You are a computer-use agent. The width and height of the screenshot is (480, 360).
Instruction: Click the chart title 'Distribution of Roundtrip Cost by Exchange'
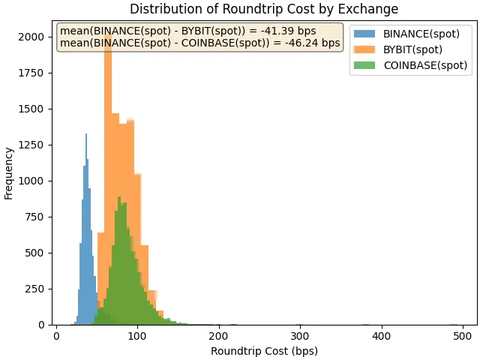pos(264,9)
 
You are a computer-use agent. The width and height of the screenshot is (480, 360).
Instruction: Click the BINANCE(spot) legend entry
pos(421,34)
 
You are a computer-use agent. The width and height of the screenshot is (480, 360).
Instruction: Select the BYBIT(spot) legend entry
pos(412,49)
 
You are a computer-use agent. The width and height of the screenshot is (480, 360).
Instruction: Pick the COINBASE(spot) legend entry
pos(425,65)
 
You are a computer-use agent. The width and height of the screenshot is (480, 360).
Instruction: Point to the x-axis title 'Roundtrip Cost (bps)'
pos(264,351)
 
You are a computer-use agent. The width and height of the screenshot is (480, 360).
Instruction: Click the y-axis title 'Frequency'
pos(9,173)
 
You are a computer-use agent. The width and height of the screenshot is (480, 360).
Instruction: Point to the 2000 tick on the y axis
pos(36,37)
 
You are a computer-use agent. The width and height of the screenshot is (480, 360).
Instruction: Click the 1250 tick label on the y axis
pos(36,145)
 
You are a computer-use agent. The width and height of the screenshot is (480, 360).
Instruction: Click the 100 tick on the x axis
pos(137,335)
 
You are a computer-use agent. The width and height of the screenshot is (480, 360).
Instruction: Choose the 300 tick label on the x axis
pos(300,335)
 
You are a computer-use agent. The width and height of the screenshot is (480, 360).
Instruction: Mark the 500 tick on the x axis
pos(463,335)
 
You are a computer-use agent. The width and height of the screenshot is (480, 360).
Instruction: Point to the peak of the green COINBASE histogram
pos(118,199)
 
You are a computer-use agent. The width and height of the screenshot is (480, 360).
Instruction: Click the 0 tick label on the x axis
pos(56,335)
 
